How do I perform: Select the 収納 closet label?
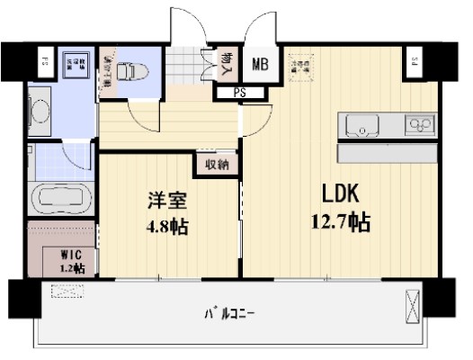tap(217, 164)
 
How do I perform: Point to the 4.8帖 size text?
tap(166, 227)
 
